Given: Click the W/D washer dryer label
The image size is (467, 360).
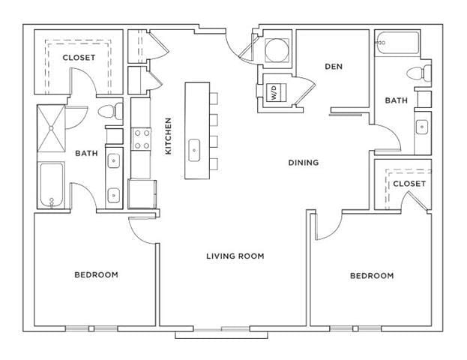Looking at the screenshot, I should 274,94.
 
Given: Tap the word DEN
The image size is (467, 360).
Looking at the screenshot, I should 334,66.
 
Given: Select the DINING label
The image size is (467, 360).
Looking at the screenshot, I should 304,162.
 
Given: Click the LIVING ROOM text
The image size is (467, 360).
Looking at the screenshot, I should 235,256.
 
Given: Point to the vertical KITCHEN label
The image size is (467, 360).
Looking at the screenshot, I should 169,136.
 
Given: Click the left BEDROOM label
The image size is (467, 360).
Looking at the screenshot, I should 96,274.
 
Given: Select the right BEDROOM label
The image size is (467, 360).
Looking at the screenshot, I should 372,276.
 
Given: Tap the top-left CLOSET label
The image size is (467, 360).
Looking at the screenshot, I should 78,58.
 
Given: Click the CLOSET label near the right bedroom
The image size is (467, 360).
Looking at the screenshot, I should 409,184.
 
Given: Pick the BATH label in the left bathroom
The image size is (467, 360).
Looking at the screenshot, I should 86,154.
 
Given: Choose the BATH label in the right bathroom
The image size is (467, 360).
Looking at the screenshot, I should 396,100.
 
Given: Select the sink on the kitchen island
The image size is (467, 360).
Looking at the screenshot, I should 194,148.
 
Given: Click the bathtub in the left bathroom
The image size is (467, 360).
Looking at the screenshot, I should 52,184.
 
